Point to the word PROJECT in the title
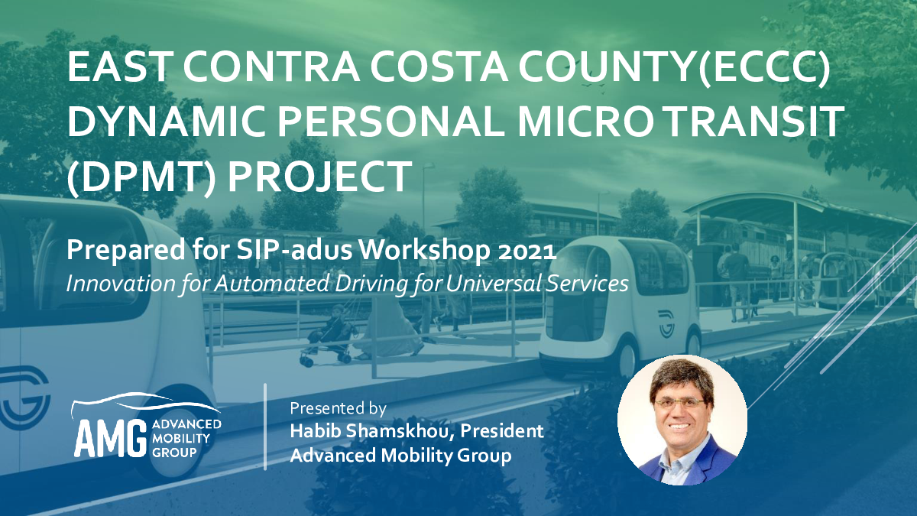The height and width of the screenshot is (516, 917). (x=319, y=177)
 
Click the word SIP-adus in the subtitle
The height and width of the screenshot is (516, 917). (x=294, y=250)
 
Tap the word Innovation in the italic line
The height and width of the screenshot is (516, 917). (x=121, y=284)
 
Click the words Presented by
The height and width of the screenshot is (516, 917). (x=338, y=408)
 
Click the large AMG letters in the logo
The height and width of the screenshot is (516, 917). (x=111, y=438)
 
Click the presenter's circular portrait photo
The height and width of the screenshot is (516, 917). (x=682, y=420)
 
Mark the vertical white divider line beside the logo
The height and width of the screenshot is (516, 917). (x=265, y=427)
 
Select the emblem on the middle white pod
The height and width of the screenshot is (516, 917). (x=666, y=324)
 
